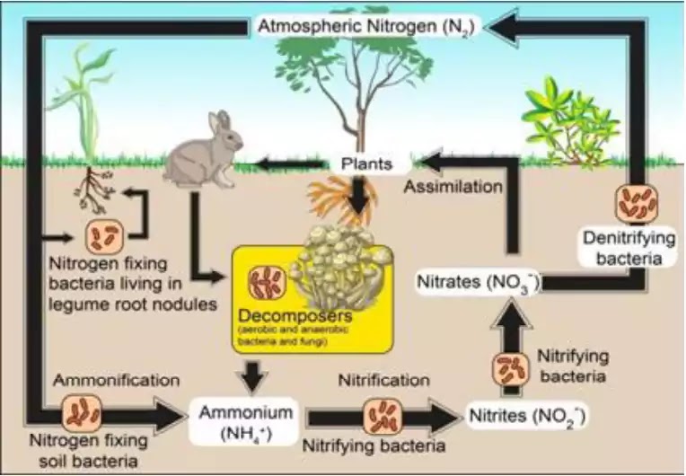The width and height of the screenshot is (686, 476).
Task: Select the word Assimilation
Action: (452, 188)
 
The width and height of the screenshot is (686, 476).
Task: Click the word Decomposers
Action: (282, 316)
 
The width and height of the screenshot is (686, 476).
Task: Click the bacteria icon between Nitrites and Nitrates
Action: (508, 369)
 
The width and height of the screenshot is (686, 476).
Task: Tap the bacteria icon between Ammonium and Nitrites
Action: (380, 417)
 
